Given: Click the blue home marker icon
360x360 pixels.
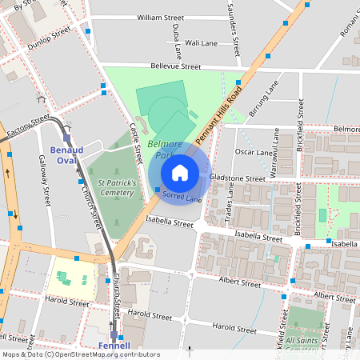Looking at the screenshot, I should (180, 173).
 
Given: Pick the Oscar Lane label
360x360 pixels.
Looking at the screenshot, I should (255, 151).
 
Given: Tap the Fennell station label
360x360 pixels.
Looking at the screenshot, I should (113, 346).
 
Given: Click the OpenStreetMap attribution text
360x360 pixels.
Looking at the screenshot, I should (80, 354).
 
